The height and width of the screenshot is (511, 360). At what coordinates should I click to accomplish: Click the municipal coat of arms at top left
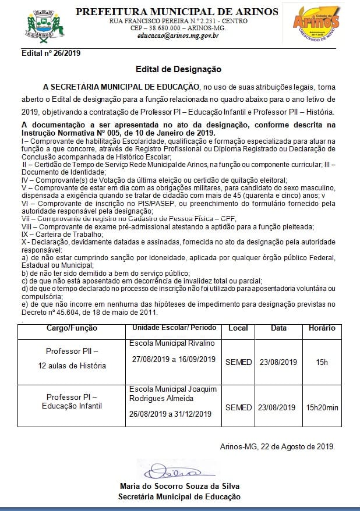click(40, 24)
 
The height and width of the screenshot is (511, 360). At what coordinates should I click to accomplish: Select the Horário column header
click(322, 328)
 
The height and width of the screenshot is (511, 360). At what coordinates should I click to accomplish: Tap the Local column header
click(238, 328)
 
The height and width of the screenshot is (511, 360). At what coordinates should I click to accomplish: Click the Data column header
click(278, 328)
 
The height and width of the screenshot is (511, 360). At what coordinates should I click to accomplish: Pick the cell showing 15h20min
click(322, 407)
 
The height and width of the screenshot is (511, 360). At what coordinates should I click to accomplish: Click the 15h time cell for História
click(322, 362)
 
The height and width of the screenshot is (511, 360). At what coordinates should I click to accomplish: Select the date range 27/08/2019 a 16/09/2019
click(174, 359)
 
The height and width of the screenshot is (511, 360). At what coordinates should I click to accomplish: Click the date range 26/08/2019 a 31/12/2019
click(174, 414)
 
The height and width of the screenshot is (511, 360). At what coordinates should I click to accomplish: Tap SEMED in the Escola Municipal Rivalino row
click(238, 362)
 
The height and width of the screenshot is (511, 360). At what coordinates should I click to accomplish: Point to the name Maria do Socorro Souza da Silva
click(179, 486)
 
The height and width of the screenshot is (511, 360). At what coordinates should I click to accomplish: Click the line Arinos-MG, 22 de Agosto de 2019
click(277, 446)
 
